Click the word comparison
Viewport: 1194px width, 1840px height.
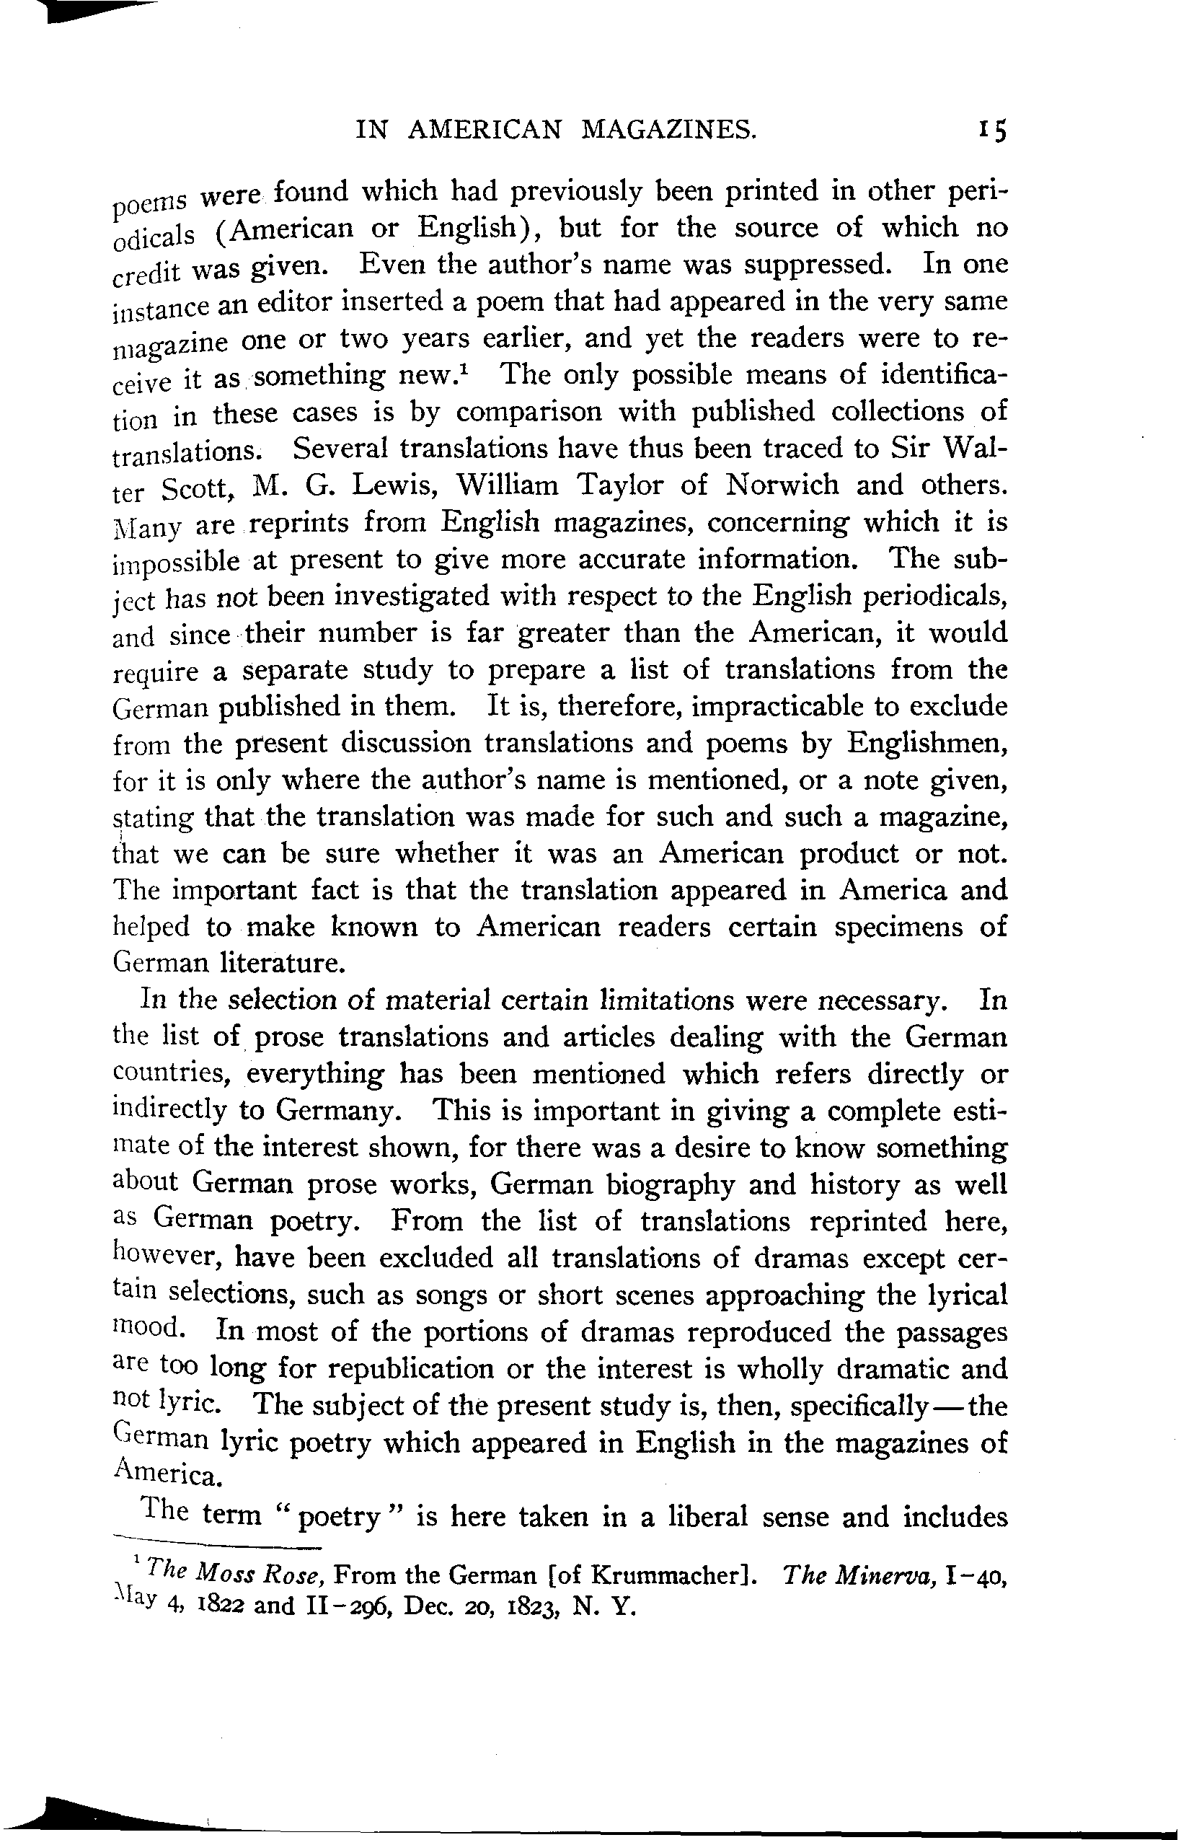click(x=529, y=412)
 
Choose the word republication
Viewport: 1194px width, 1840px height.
click(x=411, y=1368)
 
